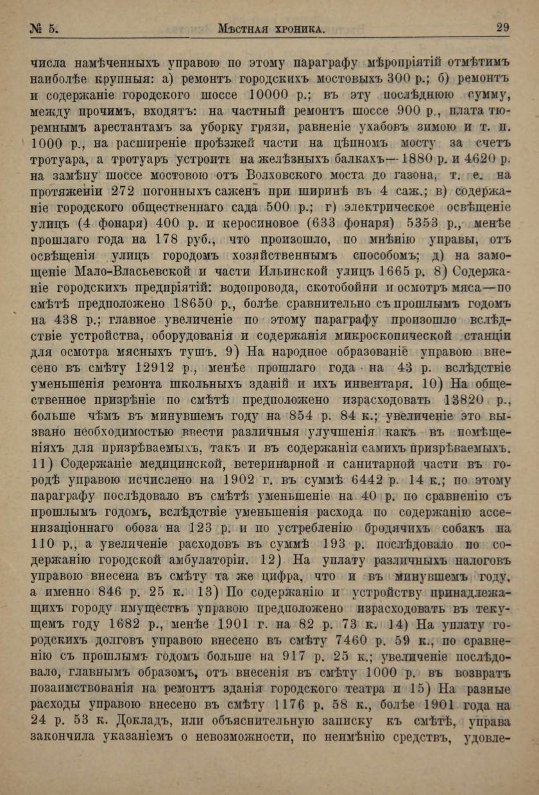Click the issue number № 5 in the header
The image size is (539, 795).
tap(44, 28)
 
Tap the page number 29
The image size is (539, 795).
tap(502, 28)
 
